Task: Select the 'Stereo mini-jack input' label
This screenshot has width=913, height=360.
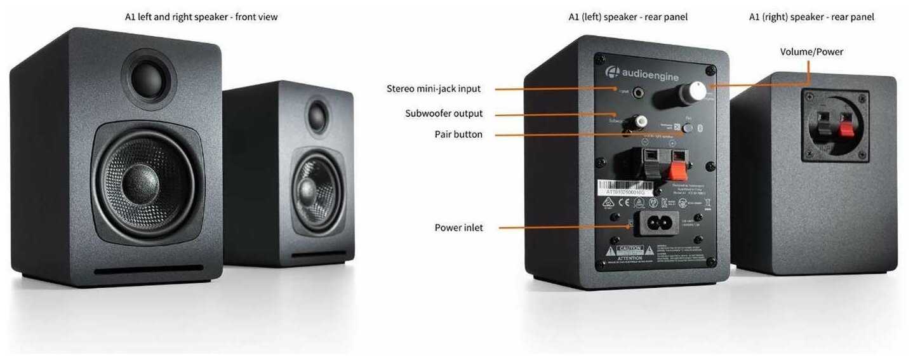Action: pos(434,89)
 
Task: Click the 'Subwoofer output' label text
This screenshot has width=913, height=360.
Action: pos(444,114)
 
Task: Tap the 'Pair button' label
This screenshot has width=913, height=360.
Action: pos(458,135)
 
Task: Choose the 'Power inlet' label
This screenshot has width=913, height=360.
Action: pos(458,227)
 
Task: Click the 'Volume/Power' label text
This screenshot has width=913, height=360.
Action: pos(811,51)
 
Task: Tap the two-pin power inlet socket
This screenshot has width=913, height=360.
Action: pos(654,223)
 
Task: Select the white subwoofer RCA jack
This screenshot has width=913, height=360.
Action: pos(642,120)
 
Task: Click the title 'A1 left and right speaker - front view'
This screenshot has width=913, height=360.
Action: pos(201,17)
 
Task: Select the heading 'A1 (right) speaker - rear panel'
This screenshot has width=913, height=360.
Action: pos(811,17)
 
